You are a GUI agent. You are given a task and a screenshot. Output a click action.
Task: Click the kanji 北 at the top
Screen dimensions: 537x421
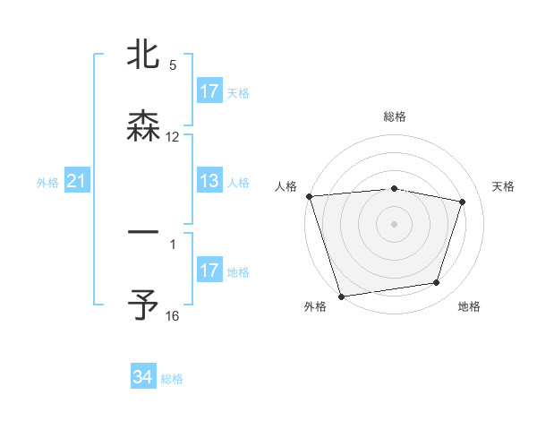click(143, 56)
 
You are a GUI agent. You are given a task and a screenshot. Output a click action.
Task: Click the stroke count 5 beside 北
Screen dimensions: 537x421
click(173, 65)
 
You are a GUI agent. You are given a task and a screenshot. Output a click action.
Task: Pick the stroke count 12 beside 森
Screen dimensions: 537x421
click(173, 137)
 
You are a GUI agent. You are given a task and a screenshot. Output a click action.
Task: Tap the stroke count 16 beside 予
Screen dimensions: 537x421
click(173, 316)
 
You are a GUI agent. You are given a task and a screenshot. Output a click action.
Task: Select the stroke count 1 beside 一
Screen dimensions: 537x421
click(173, 244)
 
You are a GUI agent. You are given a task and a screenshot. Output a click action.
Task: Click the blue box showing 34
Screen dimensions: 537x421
click(142, 377)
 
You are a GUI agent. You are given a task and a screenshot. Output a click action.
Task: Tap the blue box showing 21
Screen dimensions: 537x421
click(77, 182)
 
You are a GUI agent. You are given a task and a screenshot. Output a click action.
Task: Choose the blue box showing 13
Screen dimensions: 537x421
click(209, 182)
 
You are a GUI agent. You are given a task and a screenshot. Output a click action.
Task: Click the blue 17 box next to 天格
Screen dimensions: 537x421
click(209, 91)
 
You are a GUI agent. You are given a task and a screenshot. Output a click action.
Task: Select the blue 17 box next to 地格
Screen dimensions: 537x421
click(209, 271)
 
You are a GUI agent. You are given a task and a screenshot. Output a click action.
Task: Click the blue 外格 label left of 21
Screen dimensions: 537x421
click(47, 183)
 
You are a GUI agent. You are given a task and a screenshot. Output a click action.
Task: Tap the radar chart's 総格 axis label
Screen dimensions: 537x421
click(395, 116)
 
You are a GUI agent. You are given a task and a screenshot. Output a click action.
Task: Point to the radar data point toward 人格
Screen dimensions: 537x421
click(309, 196)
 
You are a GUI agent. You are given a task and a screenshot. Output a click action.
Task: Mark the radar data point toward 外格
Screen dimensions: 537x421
click(341, 296)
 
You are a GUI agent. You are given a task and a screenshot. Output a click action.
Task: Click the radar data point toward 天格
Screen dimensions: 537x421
click(463, 202)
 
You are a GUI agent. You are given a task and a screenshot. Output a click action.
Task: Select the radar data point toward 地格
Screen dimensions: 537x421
click(436, 283)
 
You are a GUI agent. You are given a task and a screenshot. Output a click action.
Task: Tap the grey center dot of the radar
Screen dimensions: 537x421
click(394, 223)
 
